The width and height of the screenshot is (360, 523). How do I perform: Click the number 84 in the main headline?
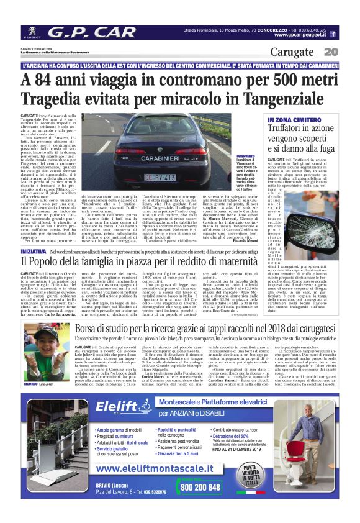pyautogui.click(x=49, y=80)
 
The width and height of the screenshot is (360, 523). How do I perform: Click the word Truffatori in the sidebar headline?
pyautogui.click(x=292, y=129)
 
